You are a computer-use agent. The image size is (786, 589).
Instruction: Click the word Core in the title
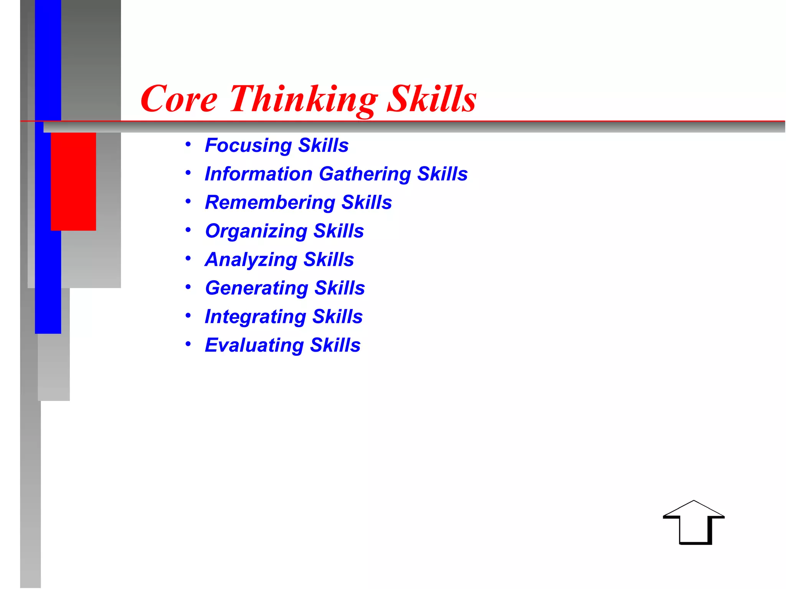(x=179, y=99)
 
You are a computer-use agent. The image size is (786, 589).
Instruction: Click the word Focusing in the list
(x=248, y=146)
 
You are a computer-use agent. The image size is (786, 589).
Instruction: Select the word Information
(x=259, y=174)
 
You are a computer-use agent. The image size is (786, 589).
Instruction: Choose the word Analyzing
(x=251, y=260)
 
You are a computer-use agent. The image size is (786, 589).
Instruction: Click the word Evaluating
(x=254, y=346)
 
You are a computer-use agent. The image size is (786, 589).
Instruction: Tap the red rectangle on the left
(x=73, y=181)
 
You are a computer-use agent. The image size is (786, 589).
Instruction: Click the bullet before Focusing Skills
(x=188, y=145)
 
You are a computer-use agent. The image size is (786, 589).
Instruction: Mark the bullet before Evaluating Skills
(x=188, y=344)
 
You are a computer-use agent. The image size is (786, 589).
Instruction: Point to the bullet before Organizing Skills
(x=188, y=230)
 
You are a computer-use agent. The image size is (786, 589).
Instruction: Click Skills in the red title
(x=432, y=99)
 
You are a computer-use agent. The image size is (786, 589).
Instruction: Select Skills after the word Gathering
(x=443, y=174)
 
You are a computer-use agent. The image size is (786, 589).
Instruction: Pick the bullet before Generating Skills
(x=188, y=287)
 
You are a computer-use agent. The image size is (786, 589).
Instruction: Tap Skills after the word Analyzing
(x=329, y=260)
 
